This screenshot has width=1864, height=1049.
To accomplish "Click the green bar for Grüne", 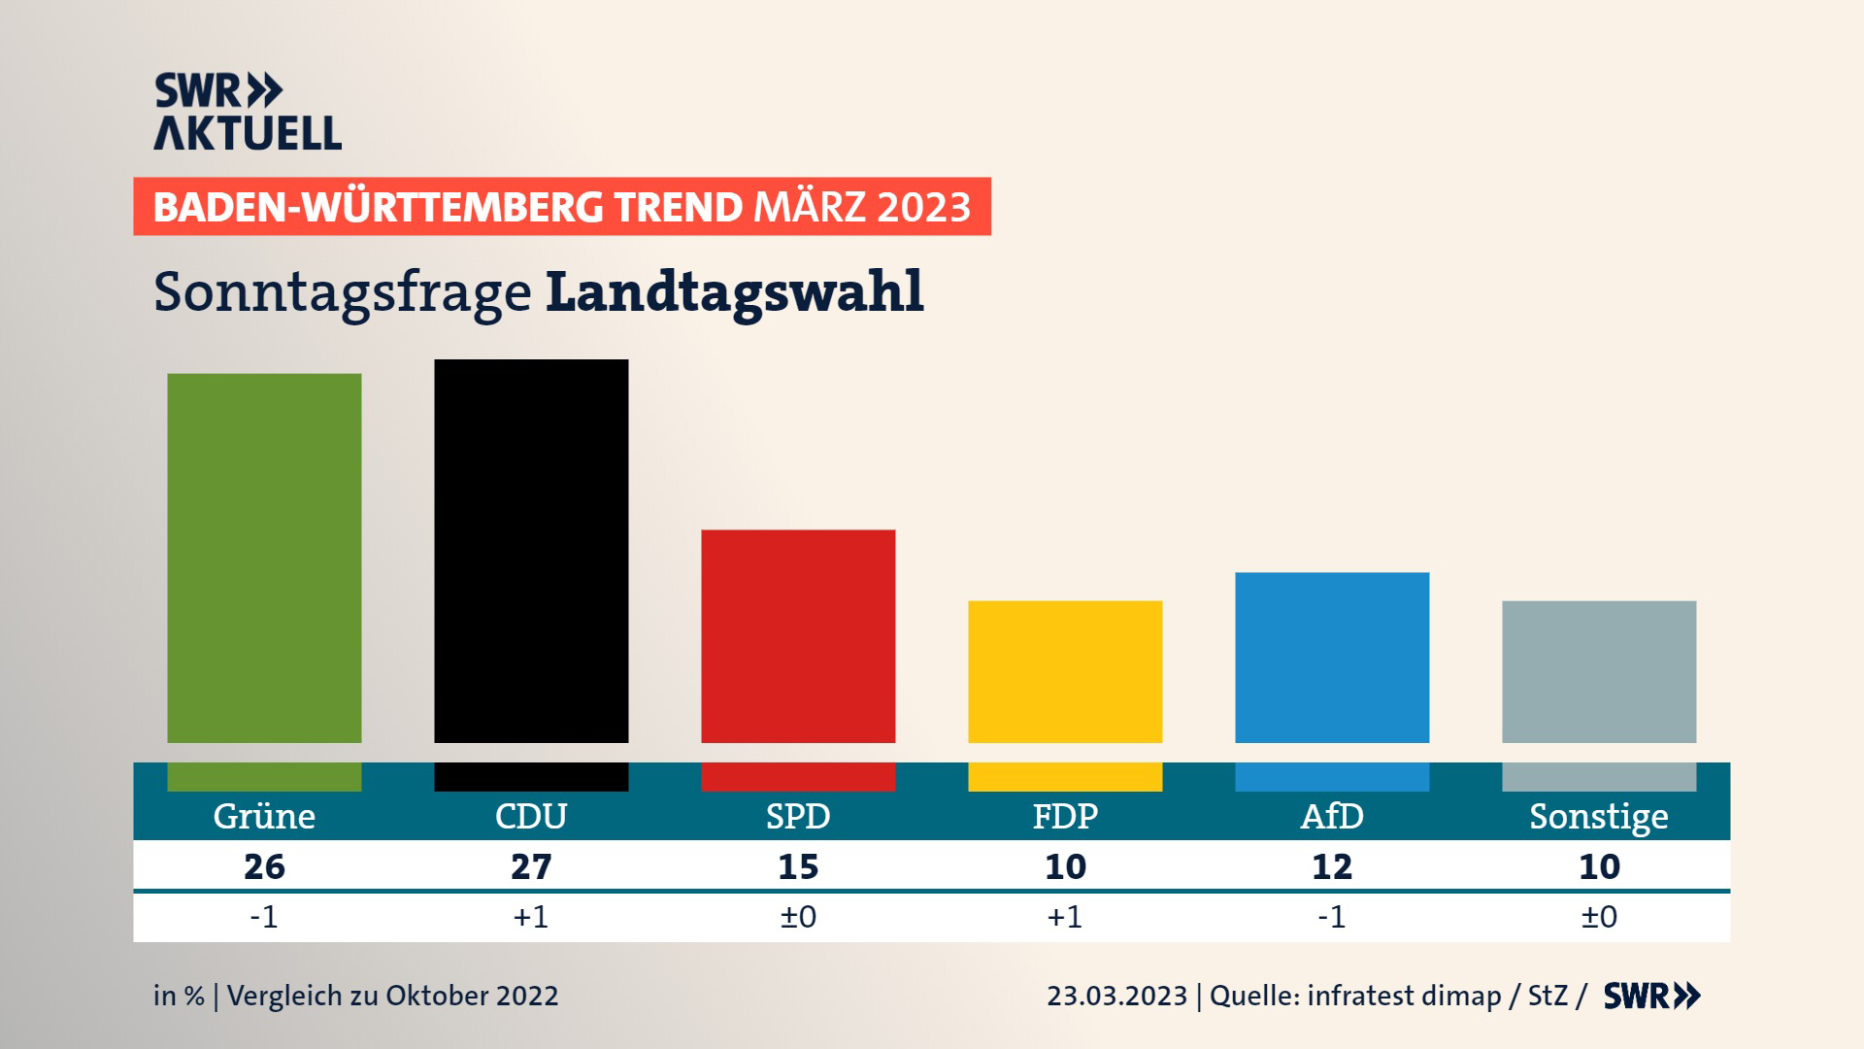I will (x=264, y=558).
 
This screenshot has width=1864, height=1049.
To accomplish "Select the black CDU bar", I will (x=531, y=551).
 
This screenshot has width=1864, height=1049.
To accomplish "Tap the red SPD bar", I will (x=798, y=636).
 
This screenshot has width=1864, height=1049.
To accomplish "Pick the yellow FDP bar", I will (x=1065, y=671).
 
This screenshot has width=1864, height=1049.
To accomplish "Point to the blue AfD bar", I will (x=1332, y=658).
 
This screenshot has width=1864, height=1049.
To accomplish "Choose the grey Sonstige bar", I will (x=1599, y=671).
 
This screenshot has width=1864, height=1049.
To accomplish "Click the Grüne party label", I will (x=264, y=817).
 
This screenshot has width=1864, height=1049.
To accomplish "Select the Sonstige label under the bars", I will (x=1599, y=817).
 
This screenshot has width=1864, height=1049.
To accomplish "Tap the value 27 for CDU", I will (x=531, y=866).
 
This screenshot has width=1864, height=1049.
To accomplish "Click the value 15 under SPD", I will (x=798, y=866).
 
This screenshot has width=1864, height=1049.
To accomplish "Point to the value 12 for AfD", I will (x=1332, y=866).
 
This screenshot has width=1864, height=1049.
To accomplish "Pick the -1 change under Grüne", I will (x=264, y=917).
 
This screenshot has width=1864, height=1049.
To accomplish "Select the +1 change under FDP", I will (x=1065, y=917).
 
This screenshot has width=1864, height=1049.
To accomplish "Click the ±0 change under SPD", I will (x=798, y=917).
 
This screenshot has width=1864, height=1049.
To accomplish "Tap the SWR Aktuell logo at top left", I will (x=248, y=112).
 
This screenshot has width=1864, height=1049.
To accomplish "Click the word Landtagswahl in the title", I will (x=735, y=291).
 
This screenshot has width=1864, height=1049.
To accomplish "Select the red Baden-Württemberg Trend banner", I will (x=562, y=207).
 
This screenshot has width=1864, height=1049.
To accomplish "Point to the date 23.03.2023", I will (x=1116, y=997).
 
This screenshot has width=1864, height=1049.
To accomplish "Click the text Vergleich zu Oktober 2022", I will (x=392, y=997).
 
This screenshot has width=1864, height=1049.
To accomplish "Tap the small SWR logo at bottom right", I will (x=1651, y=997).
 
